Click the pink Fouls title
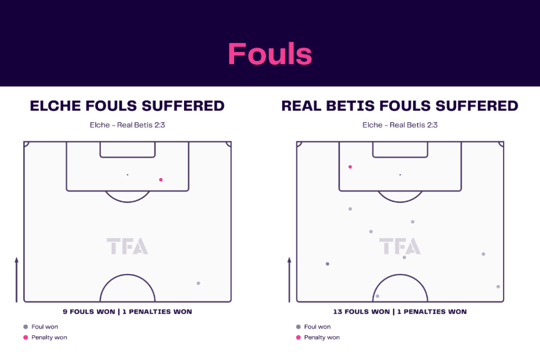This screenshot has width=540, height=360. [x=270, y=54]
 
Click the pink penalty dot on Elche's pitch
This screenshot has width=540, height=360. [x=161, y=180]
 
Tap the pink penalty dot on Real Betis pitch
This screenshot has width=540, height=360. [x=350, y=167]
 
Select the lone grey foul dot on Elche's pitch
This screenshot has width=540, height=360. [x=198, y=283]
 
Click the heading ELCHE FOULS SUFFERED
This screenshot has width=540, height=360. [x=127, y=105]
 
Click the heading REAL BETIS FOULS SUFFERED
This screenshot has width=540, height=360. [x=400, y=105]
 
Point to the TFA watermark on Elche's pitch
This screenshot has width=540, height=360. [x=127, y=246]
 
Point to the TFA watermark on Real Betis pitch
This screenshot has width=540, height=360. [x=400, y=246]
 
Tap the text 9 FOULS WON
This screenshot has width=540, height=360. [x=89, y=312]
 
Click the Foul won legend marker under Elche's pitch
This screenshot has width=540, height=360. [x=25, y=327]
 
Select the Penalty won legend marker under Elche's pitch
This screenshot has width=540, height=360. [x=25, y=337]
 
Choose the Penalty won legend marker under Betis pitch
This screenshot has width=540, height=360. [x=298, y=337]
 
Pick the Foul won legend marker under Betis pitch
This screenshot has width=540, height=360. [x=298, y=327]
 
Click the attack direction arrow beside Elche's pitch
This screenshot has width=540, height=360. [x=16, y=279]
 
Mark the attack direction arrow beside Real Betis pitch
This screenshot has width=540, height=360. [x=290, y=279]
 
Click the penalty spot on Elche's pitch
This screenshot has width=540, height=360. [x=128, y=175]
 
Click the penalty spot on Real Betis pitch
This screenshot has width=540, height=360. [x=400, y=175]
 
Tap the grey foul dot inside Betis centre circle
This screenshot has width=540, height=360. [x=378, y=296]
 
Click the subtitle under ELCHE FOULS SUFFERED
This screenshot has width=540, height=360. [x=128, y=125]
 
